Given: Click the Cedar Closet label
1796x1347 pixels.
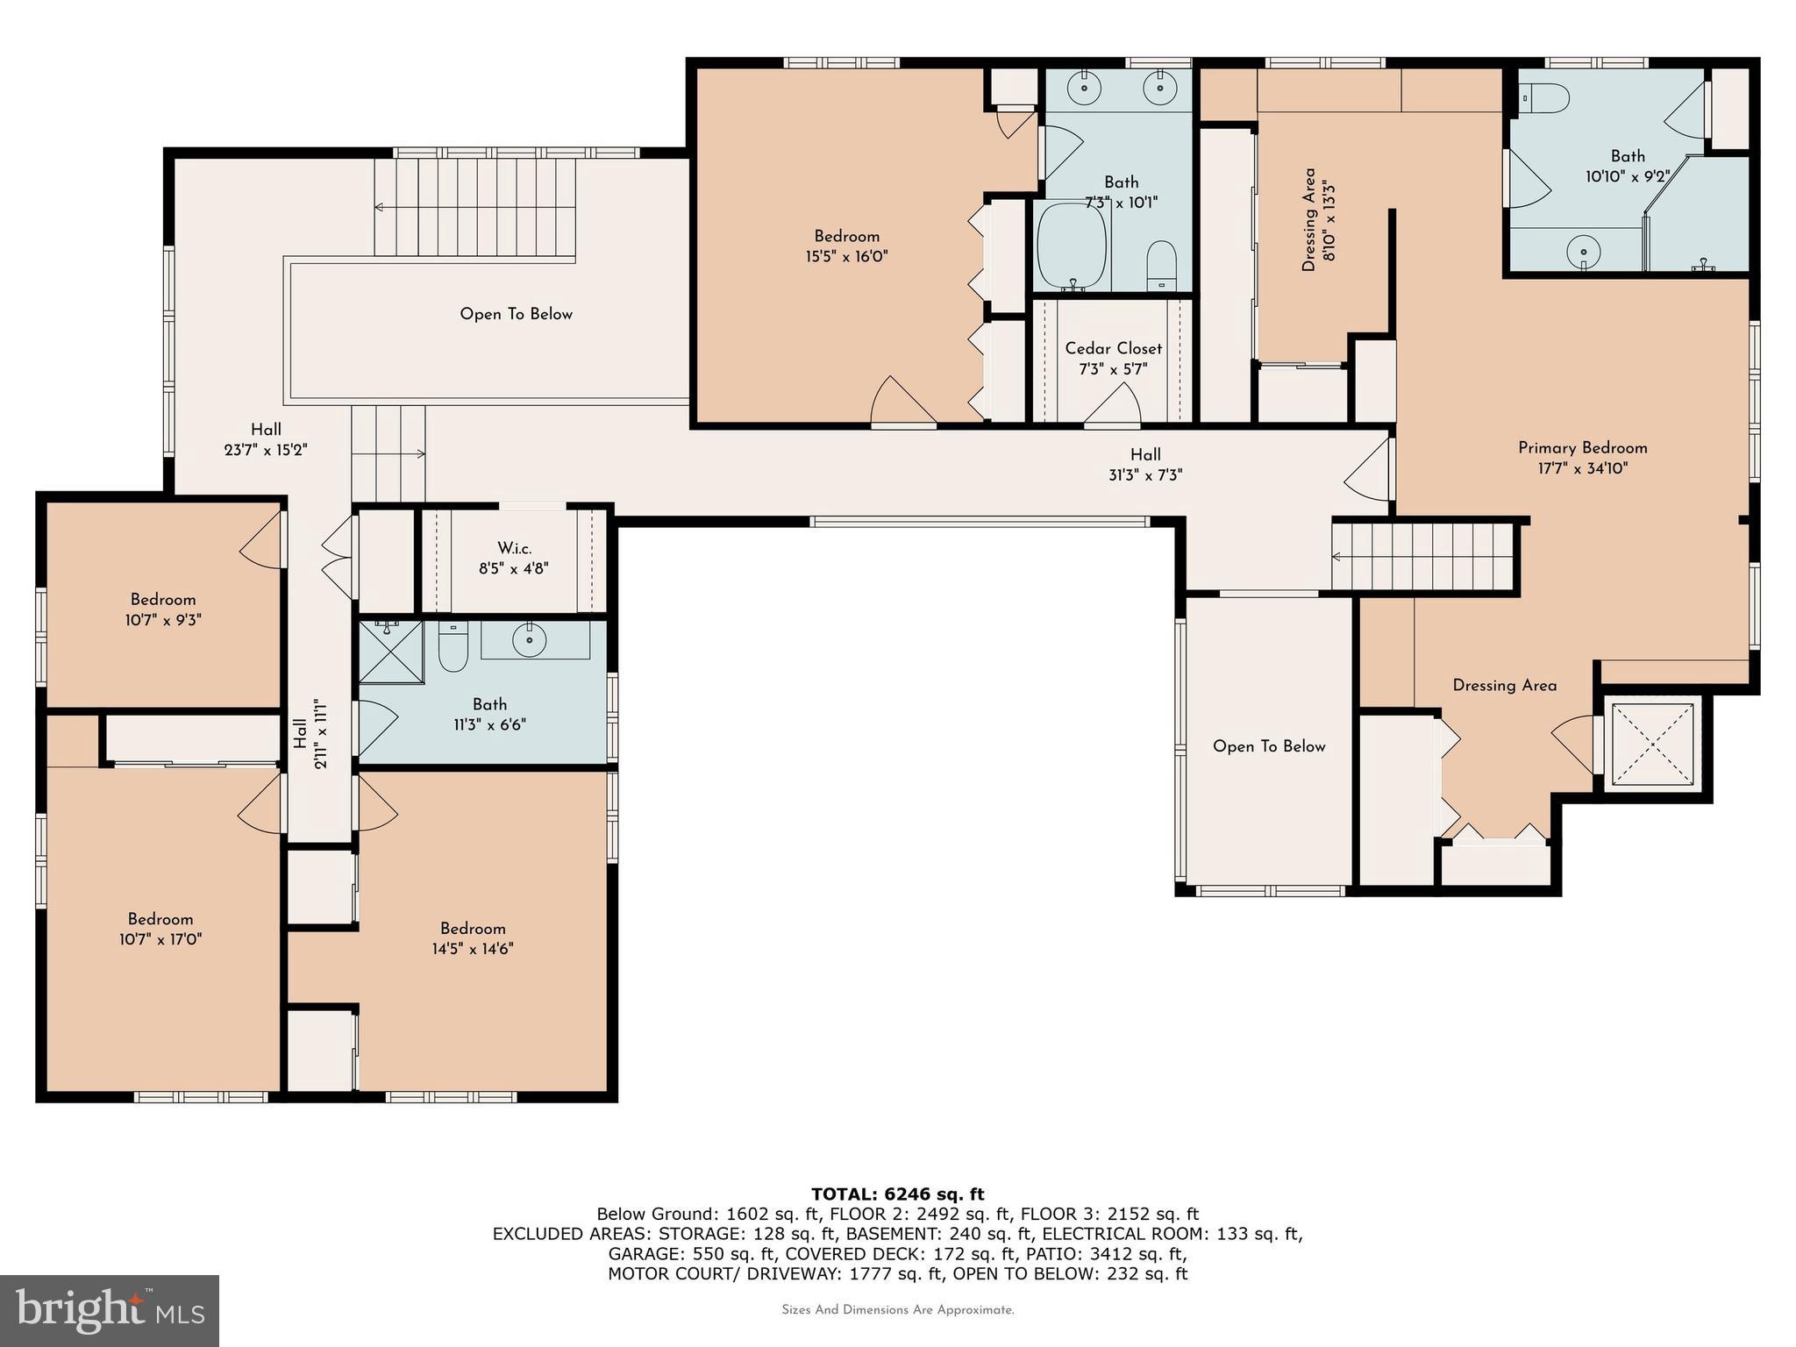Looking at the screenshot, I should pyautogui.click(x=1113, y=349).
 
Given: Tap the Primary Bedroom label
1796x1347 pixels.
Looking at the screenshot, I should pyautogui.click(x=1582, y=448).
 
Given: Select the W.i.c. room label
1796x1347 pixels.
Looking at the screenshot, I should pyautogui.click(x=514, y=548).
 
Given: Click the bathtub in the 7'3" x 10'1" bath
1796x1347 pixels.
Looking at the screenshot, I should pyautogui.click(x=1071, y=246).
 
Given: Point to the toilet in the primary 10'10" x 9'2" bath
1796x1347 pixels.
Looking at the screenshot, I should pyautogui.click(x=1545, y=98).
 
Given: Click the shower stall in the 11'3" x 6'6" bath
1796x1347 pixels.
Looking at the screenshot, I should pyautogui.click(x=391, y=652).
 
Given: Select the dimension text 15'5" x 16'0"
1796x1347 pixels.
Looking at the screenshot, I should pyautogui.click(x=846, y=257).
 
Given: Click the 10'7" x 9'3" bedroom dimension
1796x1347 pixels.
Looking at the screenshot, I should pyautogui.click(x=163, y=620).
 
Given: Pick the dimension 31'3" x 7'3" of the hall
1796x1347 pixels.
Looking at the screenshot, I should pyautogui.click(x=1144, y=475).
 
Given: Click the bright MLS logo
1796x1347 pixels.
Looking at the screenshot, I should pyautogui.click(x=110, y=1310).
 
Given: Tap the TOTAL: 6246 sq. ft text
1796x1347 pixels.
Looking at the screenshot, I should pyautogui.click(x=897, y=1194).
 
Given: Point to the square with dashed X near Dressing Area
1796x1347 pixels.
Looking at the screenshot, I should pyautogui.click(x=1651, y=745).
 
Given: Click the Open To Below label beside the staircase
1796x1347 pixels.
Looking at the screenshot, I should pyautogui.click(x=516, y=314).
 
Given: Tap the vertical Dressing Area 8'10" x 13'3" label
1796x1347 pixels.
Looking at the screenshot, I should pyautogui.click(x=1319, y=219).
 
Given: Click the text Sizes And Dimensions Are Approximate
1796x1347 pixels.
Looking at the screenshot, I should pyautogui.click(x=897, y=1310).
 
